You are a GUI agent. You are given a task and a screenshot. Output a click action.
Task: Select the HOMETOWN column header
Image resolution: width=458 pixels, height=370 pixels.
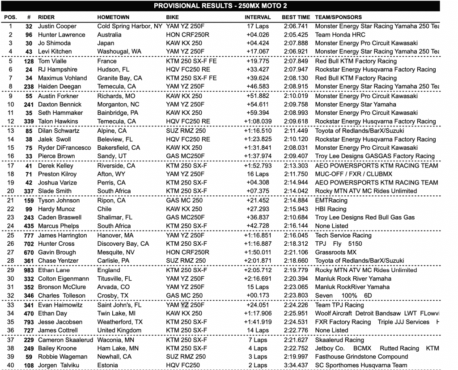pyautogui.click(x=114, y=17)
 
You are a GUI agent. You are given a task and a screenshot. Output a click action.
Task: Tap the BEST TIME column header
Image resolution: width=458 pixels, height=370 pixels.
pyautogui.click(x=296, y=17)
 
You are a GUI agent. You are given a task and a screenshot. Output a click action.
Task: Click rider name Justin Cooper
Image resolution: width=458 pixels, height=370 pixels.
pyautogui.click(x=57, y=26)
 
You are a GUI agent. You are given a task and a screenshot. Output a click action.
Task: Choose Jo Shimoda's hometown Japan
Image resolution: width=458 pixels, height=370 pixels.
pyautogui.click(x=106, y=43)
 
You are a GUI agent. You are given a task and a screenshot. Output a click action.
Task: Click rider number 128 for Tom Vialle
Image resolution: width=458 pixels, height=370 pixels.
pyautogui.click(x=29, y=61)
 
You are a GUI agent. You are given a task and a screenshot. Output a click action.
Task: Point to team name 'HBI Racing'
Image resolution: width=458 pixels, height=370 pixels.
pyautogui.click(x=331, y=209)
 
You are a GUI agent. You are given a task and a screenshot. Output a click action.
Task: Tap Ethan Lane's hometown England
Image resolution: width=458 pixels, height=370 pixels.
pyautogui.click(x=109, y=270)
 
